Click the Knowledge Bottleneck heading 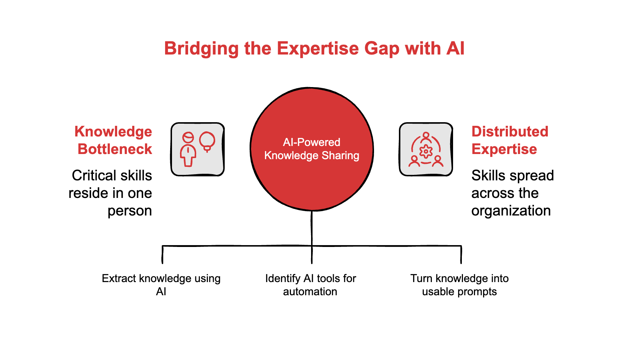[x=113, y=140]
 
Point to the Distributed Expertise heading [x=509, y=140]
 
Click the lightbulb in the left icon [x=207, y=141]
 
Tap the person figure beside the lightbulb [x=188, y=149]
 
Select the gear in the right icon [x=426, y=151]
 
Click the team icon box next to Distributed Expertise [x=426, y=149]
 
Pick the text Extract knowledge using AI [x=161, y=285]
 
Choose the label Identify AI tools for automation [x=310, y=285]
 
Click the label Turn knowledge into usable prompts [x=459, y=285]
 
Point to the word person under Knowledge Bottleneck [x=130, y=211]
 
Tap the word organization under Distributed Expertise [x=511, y=211]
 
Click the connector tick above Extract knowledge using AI [x=162, y=255]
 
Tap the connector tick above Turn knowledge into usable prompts [x=461, y=255]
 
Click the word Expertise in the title [x=318, y=49]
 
